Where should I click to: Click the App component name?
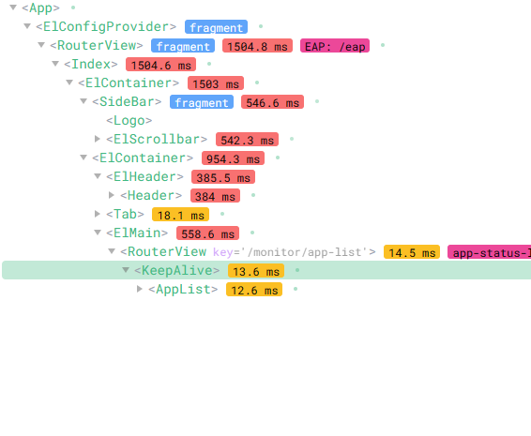[x=40, y=8]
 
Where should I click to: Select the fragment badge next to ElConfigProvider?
[x=216, y=27]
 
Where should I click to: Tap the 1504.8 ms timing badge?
[x=257, y=46]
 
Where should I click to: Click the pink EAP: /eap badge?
[x=335, y=46]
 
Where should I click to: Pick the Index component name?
[x=91, y=64]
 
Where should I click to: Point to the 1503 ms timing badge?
[x=216, y=83]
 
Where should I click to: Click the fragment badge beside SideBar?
[x=202, y=102]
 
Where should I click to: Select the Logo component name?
[x=129, y=121]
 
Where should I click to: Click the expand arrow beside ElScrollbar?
[x=98, y=139]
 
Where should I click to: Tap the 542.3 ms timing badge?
[x=248, y=140]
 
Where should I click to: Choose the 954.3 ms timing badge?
[x=233, y=158]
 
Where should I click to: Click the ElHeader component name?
[x=144, y=176]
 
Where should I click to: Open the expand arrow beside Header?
[x=111, y=195]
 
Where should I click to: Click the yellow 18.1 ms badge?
[x=180, y=215]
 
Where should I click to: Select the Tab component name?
[x=125, y=215]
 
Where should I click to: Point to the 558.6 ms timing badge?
[x=207, y=233]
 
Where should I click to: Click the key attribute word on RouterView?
[x=223, y=252]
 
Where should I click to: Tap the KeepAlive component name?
[x=176, y=270]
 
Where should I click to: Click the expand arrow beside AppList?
[x=139, y=289]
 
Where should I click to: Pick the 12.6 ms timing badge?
[x=254, y=290]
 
